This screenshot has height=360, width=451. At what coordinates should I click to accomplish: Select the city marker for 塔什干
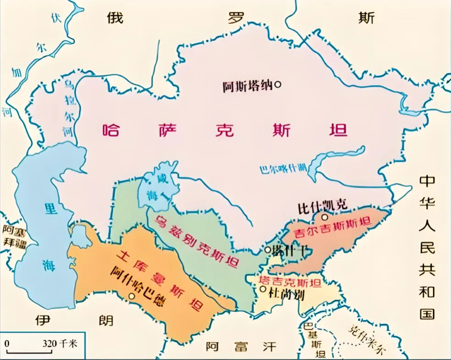click(x=268, y=250)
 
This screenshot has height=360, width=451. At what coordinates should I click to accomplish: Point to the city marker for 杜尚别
click(x=262, y=289)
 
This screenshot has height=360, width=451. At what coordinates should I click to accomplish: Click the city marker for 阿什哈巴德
click(x=132, y=297)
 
